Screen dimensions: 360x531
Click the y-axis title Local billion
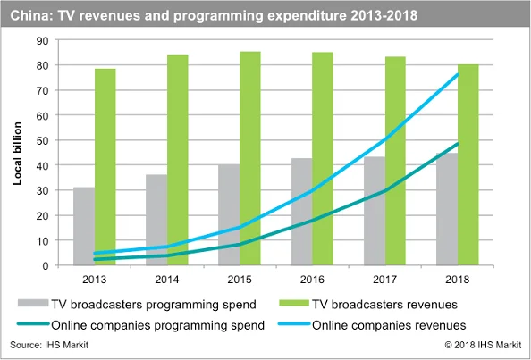pyautogui.click(x=17, y=154)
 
